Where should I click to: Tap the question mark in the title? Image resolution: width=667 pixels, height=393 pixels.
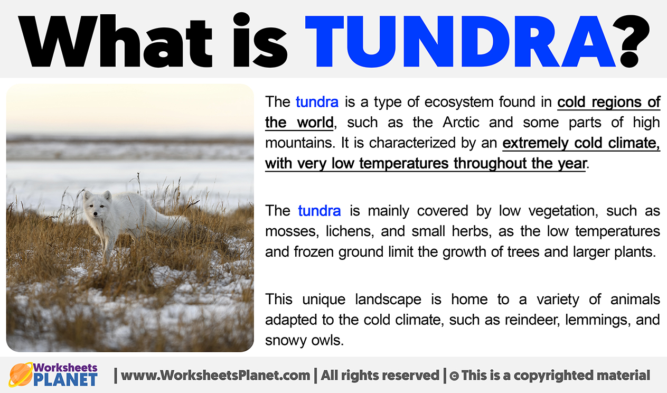point(635,41)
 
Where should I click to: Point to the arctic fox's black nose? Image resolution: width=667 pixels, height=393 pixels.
point(95,214)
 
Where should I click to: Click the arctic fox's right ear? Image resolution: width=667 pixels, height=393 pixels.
point(107,196)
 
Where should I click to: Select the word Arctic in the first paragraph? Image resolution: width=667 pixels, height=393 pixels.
point(461,123)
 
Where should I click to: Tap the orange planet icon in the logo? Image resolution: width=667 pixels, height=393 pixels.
point(21,375)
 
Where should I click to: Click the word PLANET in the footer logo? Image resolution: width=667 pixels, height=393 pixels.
point(65,380)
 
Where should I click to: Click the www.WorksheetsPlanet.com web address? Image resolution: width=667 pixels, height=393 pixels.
point(215,376)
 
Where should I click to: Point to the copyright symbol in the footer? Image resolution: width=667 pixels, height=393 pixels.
point(454,376)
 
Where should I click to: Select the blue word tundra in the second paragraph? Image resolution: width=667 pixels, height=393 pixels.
point(320,211)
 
